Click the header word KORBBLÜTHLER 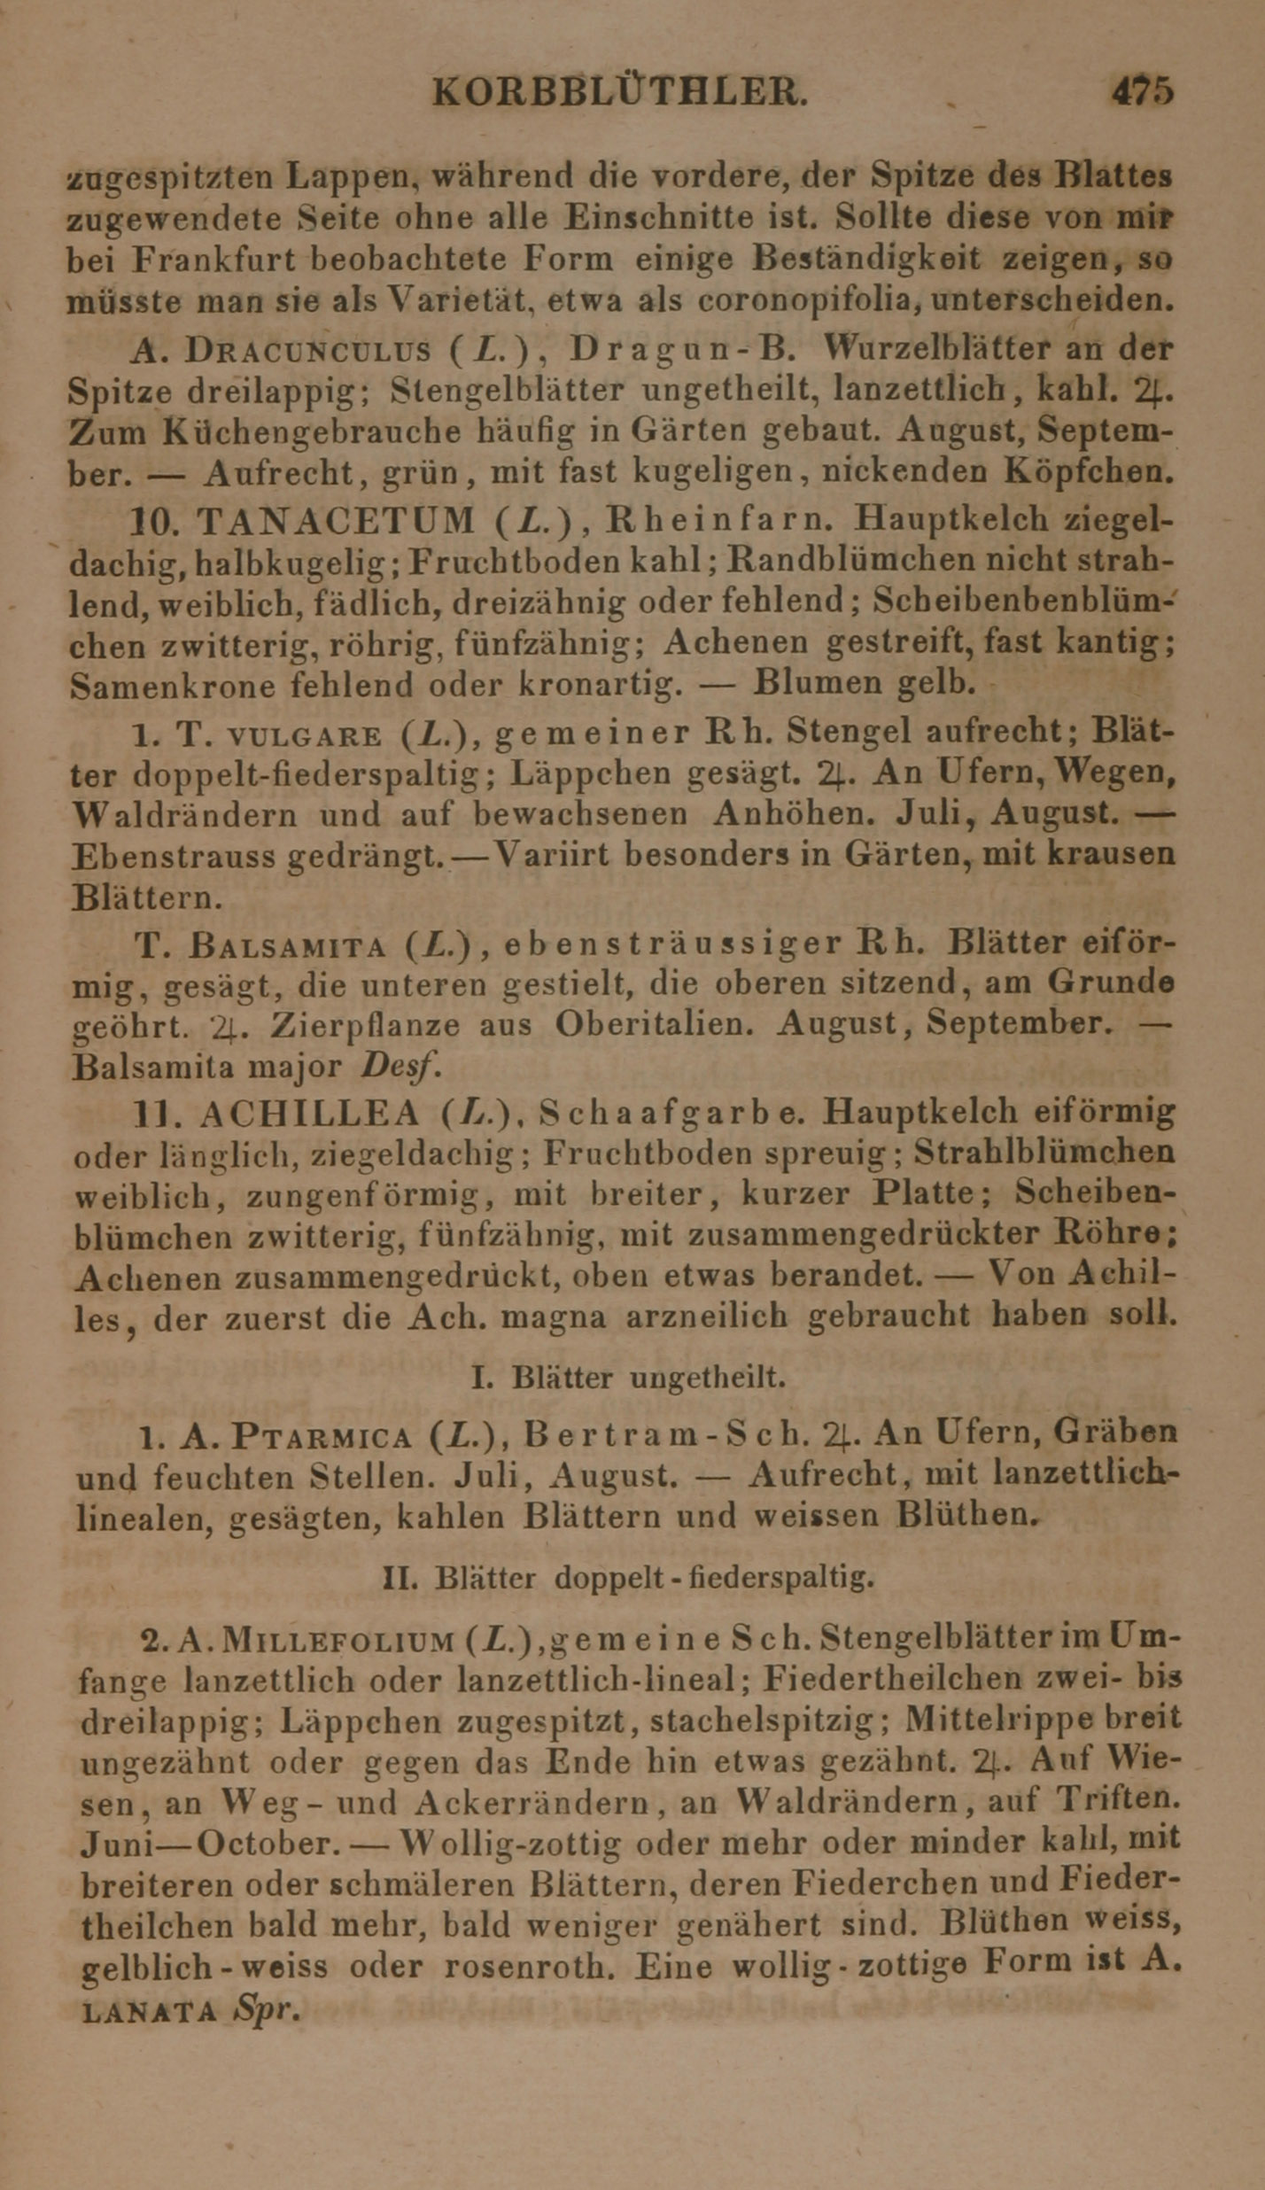(x=619, y=91)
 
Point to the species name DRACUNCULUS (x=307, y=351)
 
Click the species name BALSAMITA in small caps (x=288, y=947)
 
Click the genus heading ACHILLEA (x=310, y=1114)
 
